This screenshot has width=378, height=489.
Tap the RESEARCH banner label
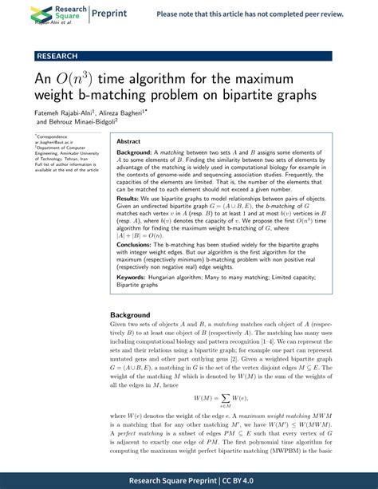(x=57, y=56)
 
